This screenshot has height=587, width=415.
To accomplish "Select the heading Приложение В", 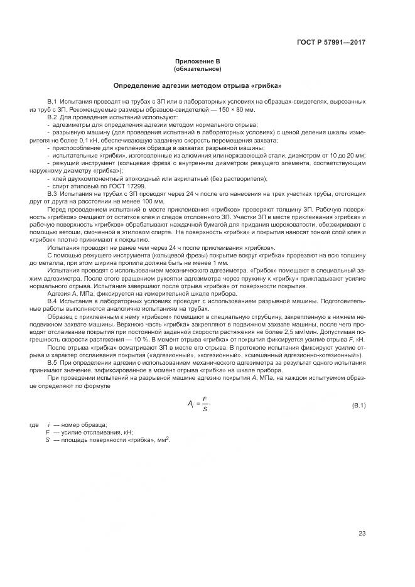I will pyautogui.click(x=198, y=62).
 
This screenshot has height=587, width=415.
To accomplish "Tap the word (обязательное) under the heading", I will pyautogui.click(x=198, y=68).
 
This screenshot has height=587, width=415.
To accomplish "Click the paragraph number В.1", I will pyautogui.click(x=53, y=102).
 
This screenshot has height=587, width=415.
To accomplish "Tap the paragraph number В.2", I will pyautogui.click(x=53, y=117).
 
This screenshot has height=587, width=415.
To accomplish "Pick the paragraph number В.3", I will pyautogui.click(x=53, y=194).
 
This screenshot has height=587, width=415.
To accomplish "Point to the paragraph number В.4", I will pyautogui.click(x=53, y=301).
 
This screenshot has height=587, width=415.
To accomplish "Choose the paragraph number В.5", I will pyautogui.click(x=53, y=362).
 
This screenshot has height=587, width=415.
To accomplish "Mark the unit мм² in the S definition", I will pyautogui.click(x=162, y=439).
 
